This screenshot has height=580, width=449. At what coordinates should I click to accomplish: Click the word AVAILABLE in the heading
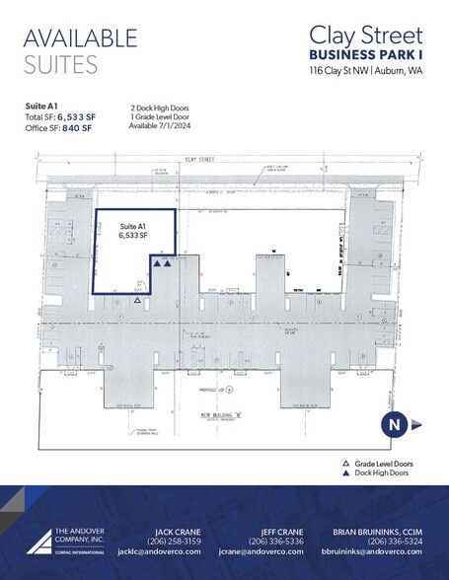point(80,38)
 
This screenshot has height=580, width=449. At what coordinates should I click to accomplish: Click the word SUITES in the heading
point(60,66)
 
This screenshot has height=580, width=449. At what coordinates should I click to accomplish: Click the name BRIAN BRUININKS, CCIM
point(380,531)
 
